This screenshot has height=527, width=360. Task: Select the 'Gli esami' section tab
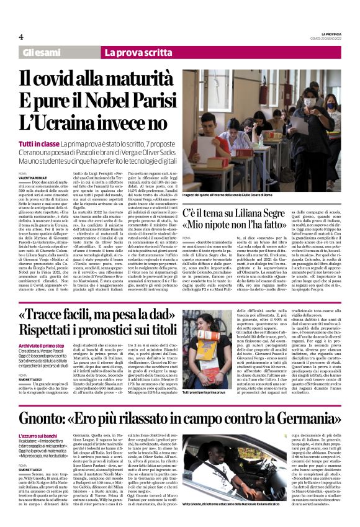[x=42, y=53]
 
